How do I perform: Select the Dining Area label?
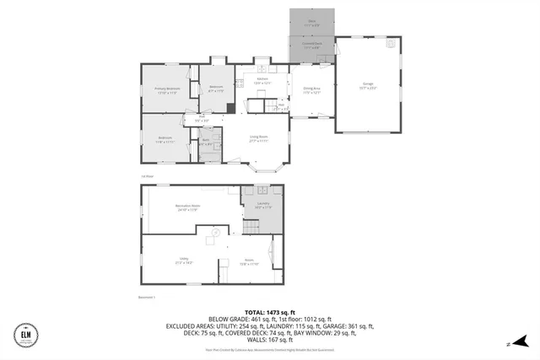312,91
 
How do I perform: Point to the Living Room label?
259,138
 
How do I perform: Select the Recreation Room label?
187,207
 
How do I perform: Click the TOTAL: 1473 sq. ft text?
271,311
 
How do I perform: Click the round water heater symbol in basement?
214,231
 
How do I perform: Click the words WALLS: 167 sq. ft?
270,339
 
